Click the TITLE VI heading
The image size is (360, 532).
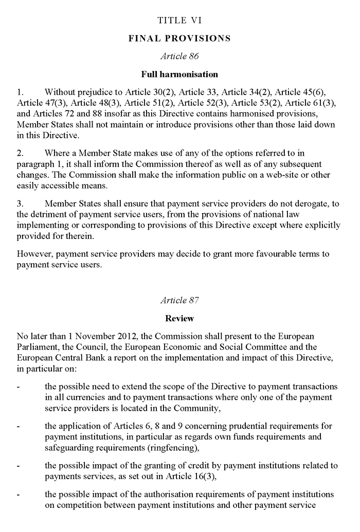[x=179, y=21]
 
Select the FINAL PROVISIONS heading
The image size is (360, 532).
[x=179, y=39]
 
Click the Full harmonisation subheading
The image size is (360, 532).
[x=179, y=75]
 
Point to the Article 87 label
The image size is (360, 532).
[x=179, y=300]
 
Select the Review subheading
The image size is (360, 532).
[x=179, y=318]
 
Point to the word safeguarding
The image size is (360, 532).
[x=68, y=447]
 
